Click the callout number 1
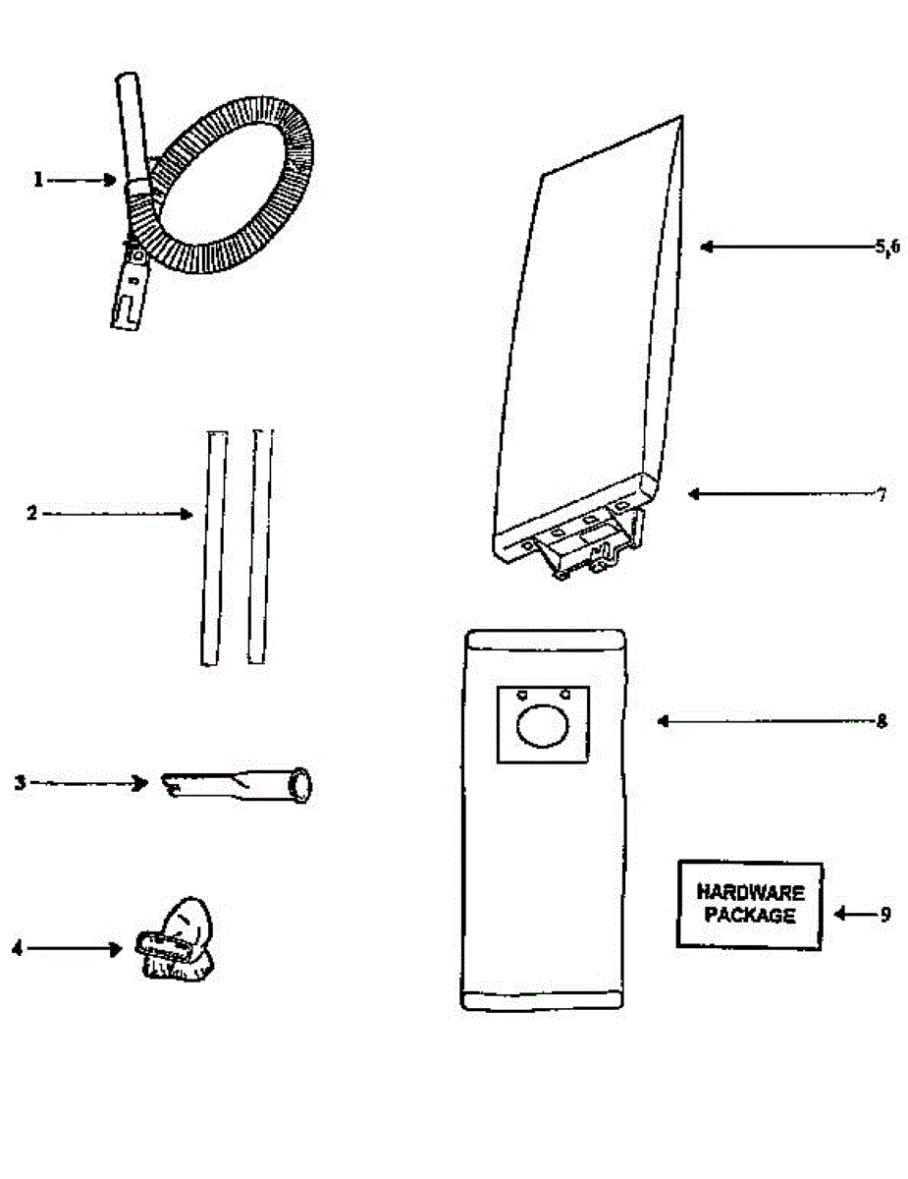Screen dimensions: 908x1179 tap(38, 180)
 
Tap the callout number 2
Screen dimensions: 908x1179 tap(32, 513)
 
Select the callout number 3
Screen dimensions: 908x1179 tap(20, 783)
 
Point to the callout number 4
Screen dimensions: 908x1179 tap(17, 948)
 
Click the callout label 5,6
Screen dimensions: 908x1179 tap(887, 248)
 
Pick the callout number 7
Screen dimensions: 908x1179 tap(881, 494)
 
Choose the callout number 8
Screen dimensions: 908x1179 tap(881, 721)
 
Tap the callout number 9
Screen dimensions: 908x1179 tap(885, 914)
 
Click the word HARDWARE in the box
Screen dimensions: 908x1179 tap(750, 893)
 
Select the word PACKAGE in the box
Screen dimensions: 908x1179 tap(750, 916)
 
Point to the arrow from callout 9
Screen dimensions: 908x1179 tap(852, 914)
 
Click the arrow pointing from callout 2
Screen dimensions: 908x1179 tap(118, 513)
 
